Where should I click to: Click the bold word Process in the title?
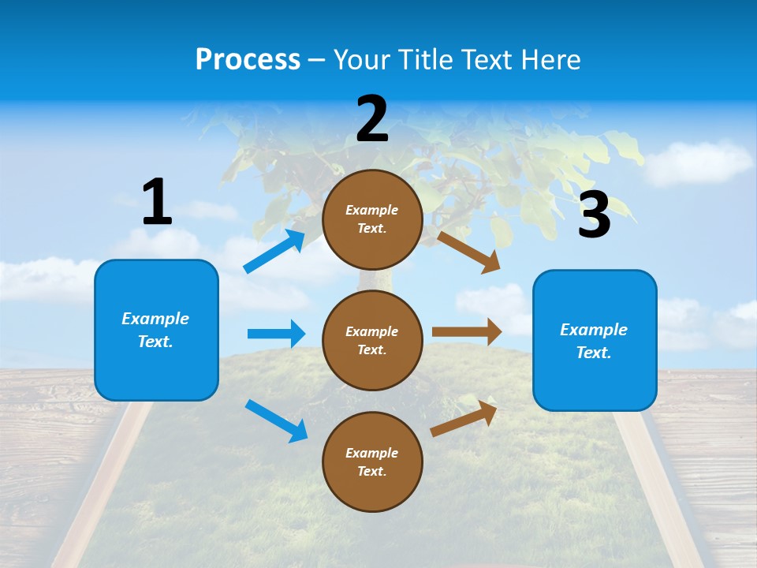pyautogui.click(x=248, y=60)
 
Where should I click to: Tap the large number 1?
pyautogui.click(x=157, y=202)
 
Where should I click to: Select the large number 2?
pyautogui.click(x=372, y=119)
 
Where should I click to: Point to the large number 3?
pyautogui.click(x=595, y=215)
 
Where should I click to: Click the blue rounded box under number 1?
pyautogui.click(x=156, y=330)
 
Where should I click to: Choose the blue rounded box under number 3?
pyautogui.click(x=595, y=340)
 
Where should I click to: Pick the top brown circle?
pyautogui.click(x=372, y=219)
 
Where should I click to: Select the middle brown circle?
pyautogui.click(x=372, y=340)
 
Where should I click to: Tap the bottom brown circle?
pyautogui.click(x=372, y=461)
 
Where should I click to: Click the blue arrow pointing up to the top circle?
pyautogui.click(x=274, y=252)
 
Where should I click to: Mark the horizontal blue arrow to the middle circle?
pyautogui.click(x=276, y=334)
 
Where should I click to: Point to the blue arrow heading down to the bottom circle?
pyautogui.click(x=276, y=420)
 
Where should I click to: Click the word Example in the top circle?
pyautogui.click(x=372, y=210)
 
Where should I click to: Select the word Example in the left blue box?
pyautogui.click(x=155, y=319)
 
